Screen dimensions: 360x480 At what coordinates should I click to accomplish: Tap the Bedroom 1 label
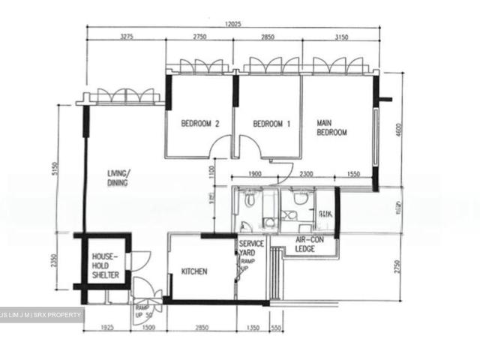[x=271, y=124]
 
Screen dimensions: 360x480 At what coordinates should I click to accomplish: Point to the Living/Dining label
[x=118, y=177]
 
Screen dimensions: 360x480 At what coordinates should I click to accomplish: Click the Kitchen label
[x=194, y=271]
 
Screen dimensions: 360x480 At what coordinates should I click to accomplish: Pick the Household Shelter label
[x=106, y=265]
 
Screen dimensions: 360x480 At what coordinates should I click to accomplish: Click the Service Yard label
[x=250, y=249]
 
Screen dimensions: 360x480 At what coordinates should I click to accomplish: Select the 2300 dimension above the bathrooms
[x=306, y=174]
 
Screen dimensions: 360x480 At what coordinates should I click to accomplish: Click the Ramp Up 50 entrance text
[x=142, y=312]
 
